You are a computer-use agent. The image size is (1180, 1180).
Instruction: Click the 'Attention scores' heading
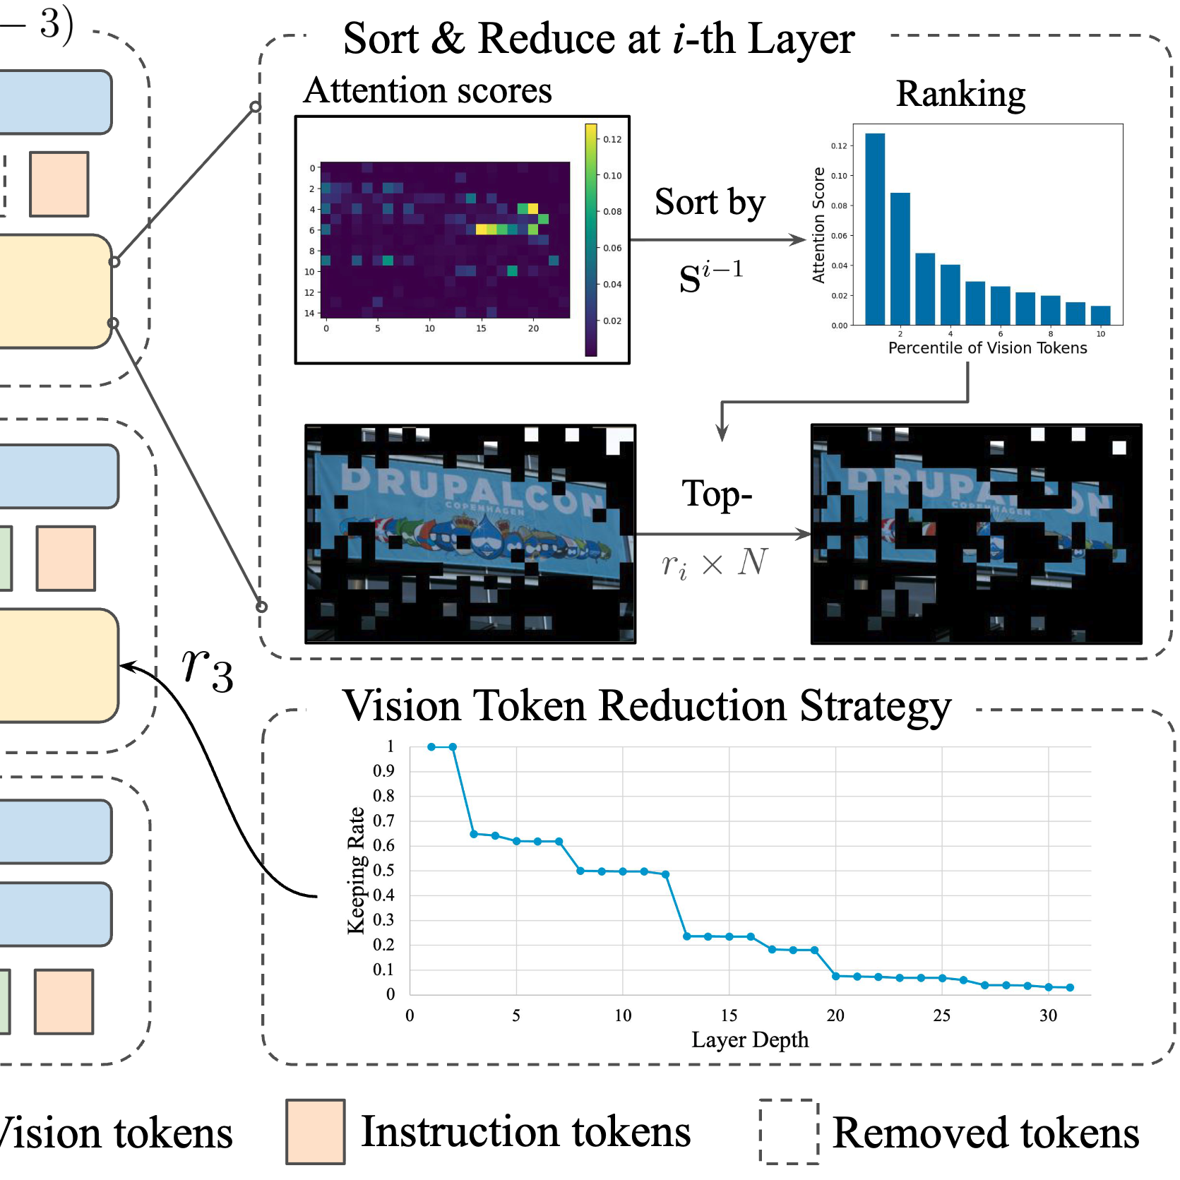point(427,91)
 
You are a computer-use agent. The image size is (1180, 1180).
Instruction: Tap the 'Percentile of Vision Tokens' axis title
point(987,348)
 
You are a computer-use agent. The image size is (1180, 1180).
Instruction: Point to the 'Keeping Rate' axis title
point(357,870)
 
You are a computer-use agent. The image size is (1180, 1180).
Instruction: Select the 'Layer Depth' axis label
point(749,1040)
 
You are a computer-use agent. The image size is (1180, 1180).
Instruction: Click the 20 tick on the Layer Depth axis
point(835,1015)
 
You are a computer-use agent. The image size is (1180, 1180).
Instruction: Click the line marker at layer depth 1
point(431,746)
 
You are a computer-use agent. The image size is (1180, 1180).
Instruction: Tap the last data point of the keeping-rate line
point(1070,987)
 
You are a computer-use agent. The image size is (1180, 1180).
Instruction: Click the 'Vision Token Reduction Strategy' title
point(646,706)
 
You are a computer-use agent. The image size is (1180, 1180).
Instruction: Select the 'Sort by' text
point(710,203)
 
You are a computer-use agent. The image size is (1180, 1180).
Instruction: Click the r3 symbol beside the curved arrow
point(207,669)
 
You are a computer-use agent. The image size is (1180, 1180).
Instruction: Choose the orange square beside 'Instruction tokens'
point(315,1131)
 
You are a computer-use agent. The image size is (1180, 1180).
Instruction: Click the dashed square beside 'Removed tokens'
point(788,1131)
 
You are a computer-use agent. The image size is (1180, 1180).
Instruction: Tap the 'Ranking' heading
point(960,94)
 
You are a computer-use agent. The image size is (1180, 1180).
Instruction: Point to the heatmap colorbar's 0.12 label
point(612,139)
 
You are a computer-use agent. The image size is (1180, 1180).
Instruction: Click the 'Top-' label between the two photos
point(716,494)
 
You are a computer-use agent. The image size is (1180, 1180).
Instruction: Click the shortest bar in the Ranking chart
point(1100,315)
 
